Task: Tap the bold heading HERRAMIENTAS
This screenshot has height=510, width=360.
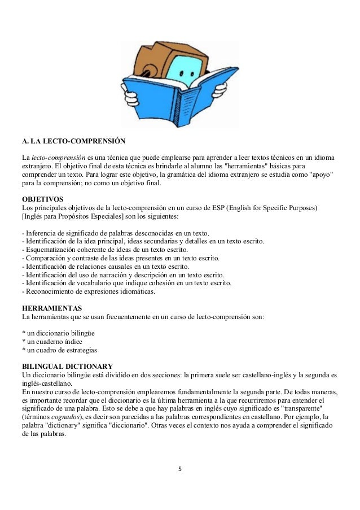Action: (x=51, y=308)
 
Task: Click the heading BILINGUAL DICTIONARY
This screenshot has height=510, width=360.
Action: (x=67, y=367)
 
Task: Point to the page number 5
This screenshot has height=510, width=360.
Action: (x=180, y=468)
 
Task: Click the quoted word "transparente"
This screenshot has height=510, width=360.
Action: (x=313, y=409)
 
